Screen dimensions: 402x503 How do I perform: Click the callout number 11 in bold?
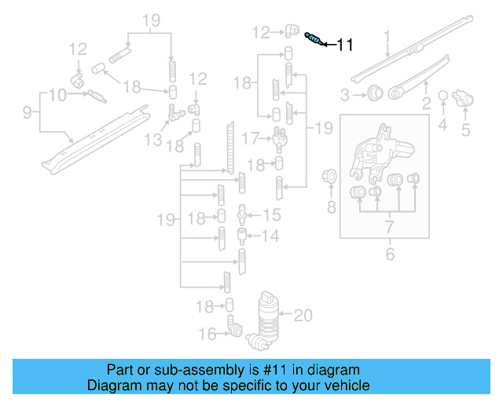[x=344, y=46]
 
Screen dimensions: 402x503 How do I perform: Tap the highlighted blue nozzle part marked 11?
[x=312, y=37]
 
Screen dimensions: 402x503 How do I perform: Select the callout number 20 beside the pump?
[x=303, y=316]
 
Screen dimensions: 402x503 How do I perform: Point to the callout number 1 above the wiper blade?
[x=387, y=35]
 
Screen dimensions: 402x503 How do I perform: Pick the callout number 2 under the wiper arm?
[x=426, y=102]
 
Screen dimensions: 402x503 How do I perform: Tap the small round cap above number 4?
[x=442, y=96]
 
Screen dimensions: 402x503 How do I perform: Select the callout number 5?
[x=465, y=130]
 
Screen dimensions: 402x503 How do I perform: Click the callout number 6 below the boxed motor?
[x=388, y=254]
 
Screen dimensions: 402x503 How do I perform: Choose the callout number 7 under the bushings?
[x=388, y=227]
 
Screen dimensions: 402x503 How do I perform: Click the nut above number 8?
[x=331, y=176]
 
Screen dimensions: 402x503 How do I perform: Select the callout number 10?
[x=57, y=96]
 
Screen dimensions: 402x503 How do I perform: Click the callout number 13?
[x=152, y=139]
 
